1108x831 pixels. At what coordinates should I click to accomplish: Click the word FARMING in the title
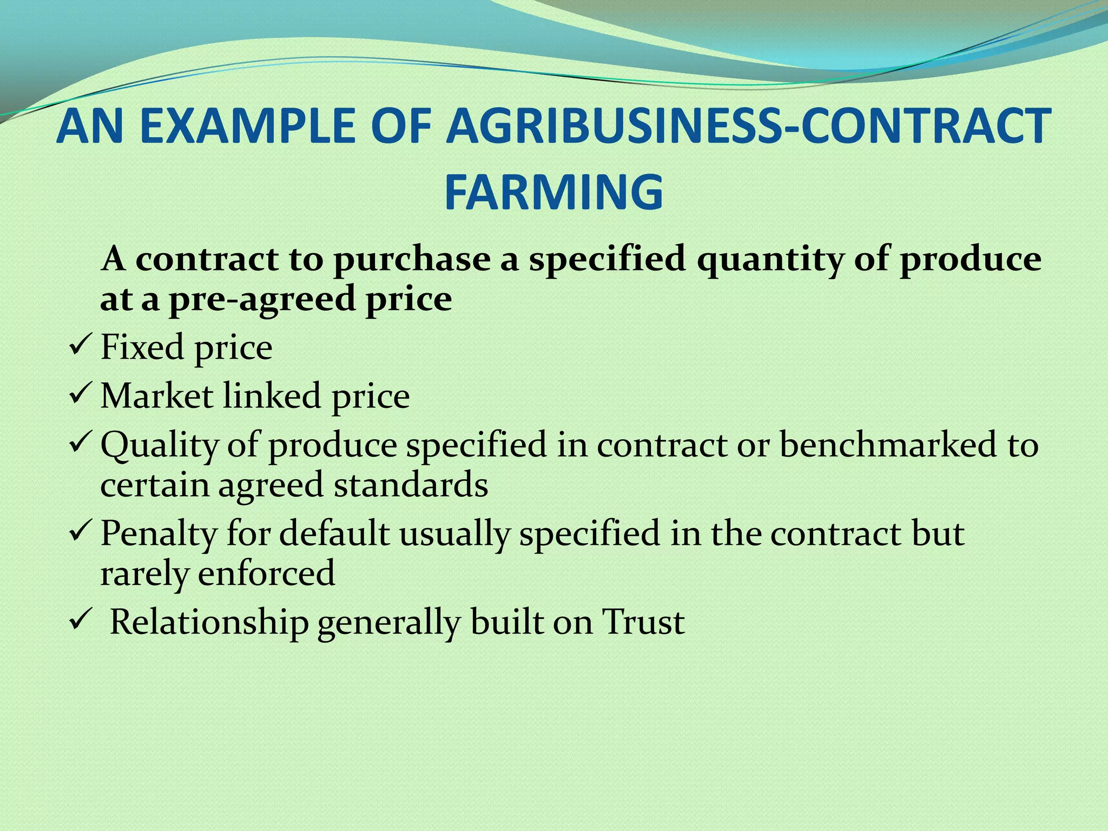(553, 192)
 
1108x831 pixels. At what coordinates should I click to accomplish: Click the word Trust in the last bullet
(644, 622)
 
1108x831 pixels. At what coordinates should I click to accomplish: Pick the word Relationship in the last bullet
(209, 622)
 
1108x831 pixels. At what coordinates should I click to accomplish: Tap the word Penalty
(159, 533)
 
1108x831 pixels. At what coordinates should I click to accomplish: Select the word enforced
(266, 573)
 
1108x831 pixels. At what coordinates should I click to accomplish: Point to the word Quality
(159, 445)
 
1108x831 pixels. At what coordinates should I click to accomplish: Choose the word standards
(411, 485)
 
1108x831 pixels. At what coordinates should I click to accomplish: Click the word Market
(157, 395)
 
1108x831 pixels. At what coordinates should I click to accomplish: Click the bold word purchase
(412, 259)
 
